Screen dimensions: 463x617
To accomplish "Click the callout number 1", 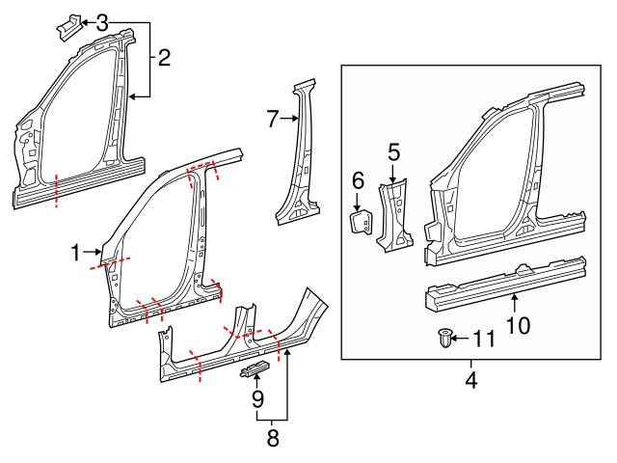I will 75,253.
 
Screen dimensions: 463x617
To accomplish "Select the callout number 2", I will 164,58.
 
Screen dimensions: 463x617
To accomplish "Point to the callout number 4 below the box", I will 470,379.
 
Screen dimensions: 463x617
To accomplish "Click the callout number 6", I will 357,179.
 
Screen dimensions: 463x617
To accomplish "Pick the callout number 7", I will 273,119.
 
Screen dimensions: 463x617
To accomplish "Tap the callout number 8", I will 272,438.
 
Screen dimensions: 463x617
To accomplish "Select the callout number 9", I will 257,397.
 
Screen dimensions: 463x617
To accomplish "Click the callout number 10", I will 518,325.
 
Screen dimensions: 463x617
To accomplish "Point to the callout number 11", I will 483,339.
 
